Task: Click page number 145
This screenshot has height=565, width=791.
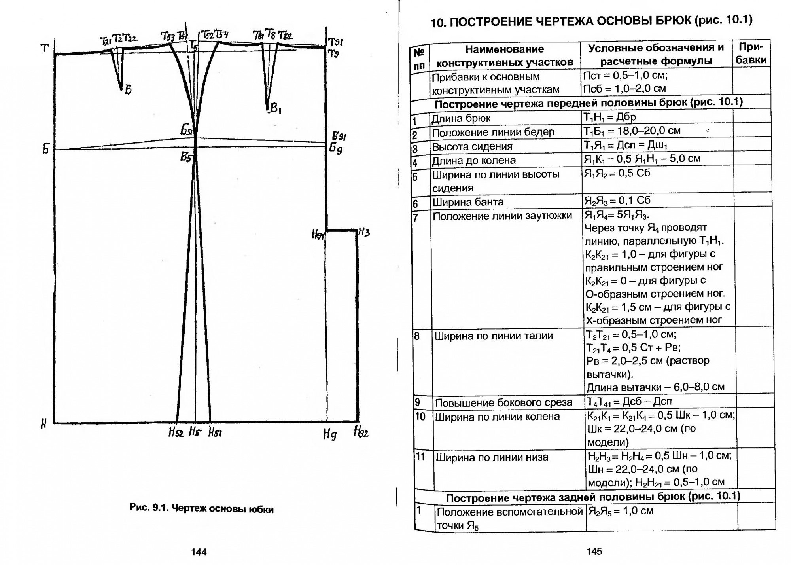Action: pyautogui.click(x=594, y=551)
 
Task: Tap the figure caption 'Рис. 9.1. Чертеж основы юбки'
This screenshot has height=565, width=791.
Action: pyautogui.click(x=201, y=508)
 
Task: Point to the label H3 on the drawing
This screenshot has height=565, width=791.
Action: pyautogui.click(x=364, y=232)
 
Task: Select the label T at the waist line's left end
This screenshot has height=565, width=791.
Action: pyautogui.click(x=45, y=48)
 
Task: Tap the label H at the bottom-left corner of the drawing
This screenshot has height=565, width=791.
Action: pyautogui.click(x=44, y=425)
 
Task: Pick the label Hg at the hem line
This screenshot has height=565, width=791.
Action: pyautogui.click(x=330, y=435)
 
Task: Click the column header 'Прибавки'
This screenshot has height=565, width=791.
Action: pyautogui.click(x=751, y=53)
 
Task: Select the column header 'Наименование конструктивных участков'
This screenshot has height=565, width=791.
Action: pyautogui.click(x=504, y=55)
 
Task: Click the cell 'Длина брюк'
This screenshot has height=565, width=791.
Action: pyautogui.click(x=461, y=118)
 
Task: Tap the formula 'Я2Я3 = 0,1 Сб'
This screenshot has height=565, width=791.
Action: pyautogui.click(x=617, y=201)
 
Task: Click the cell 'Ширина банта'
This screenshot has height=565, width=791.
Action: pyautogui.click(x=467, y=202)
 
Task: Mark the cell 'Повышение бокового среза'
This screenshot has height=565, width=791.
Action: pyautogui.click(x=503, y=403)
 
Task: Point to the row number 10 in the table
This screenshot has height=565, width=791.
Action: pyautogui.click(x=420, y=416)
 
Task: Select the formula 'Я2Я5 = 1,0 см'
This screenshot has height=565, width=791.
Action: pyautogui.click(x=621, y=511)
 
